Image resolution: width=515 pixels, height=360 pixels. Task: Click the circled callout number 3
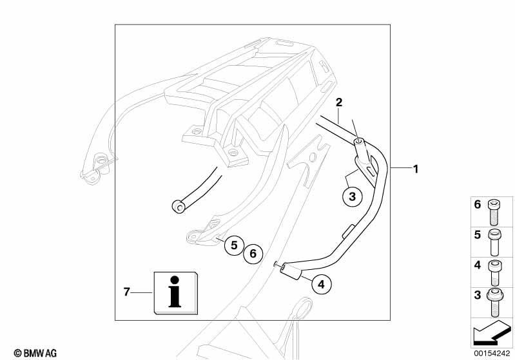[353, 196]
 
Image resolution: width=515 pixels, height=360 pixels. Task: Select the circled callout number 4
[321, 284]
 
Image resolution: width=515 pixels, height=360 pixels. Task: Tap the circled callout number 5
[234, 245]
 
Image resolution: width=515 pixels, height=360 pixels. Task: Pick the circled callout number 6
[253, 253]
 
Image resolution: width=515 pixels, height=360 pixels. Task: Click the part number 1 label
[416, 169]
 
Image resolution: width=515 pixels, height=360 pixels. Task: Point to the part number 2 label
[339, 102]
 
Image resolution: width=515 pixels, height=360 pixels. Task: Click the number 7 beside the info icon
[127, 291]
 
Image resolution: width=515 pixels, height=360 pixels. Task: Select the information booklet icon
[176, 293]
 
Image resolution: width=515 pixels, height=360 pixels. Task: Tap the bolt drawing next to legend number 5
[494, 243]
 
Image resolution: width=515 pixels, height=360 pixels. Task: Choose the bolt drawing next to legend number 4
[495, 272]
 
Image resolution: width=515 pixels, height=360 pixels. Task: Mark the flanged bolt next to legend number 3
[494, 303]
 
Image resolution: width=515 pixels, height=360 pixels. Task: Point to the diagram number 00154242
[491, 353]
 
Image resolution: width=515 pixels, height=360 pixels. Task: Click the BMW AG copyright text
[35, 353]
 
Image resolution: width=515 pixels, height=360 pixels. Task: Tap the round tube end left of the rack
[179, 207]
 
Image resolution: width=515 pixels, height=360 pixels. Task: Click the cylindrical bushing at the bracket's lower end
[290, 272]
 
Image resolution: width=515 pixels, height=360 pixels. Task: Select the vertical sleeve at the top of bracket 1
[361, 150]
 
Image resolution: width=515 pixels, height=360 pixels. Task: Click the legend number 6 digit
[477, 205]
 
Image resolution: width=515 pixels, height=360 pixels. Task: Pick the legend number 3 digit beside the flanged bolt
[477, 295]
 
